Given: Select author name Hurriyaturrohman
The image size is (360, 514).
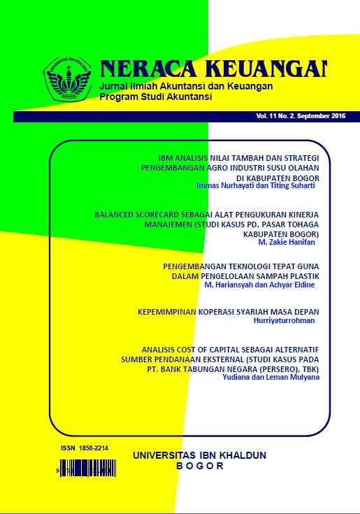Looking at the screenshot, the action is [285, 320].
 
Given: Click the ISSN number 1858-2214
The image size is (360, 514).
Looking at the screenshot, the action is [94, 447].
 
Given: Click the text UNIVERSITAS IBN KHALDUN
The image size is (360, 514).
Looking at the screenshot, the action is [199, 455].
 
